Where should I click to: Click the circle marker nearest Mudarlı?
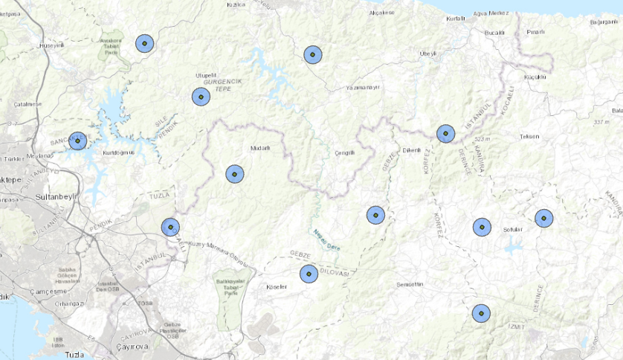click(234, 173)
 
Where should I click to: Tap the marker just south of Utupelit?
click(200, 97)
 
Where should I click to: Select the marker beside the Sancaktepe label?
click(77, 141)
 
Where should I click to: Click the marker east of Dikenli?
click(445, 133)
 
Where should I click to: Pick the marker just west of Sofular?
click(482, 227)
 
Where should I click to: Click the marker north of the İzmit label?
click(482, 313)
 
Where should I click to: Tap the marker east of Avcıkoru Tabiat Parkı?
click(144, 44)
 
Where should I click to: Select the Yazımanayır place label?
click(363, 87)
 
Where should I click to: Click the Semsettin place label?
click(410, 285)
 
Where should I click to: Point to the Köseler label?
click(277, 286)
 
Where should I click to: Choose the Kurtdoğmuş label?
click(118, 152)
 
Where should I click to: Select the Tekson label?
click(529, 137)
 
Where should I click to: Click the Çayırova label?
click(133, 347)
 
